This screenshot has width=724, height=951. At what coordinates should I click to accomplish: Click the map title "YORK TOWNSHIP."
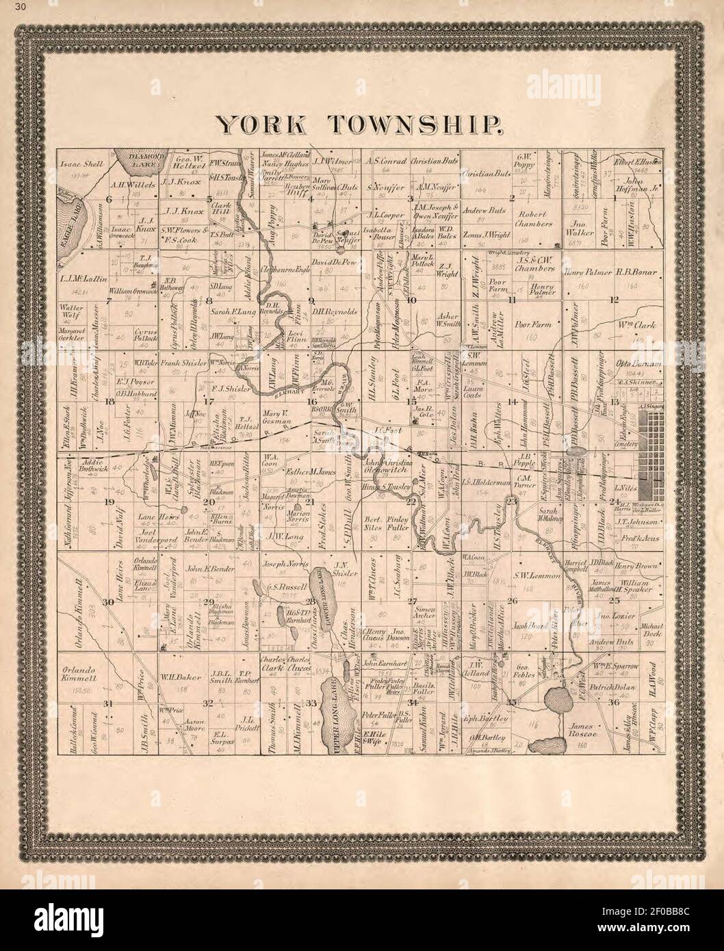pyautogui.click(x=361, y=124)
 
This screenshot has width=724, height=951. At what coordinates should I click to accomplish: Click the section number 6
pyautogui.click(x=107, y=200)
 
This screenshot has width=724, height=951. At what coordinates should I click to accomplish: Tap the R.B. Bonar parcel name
pyautogui.click(x=636, y=272)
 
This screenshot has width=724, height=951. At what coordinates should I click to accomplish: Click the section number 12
pyautogui.click(x=614, y=300)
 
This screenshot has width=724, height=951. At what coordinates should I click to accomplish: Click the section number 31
pyautogui.click(x=107, y=703)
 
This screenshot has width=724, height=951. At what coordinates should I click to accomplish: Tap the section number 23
pyautogui.click(x=512, y=501)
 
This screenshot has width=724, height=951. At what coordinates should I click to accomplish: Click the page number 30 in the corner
pyautogui.click(x=8, y=8)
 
